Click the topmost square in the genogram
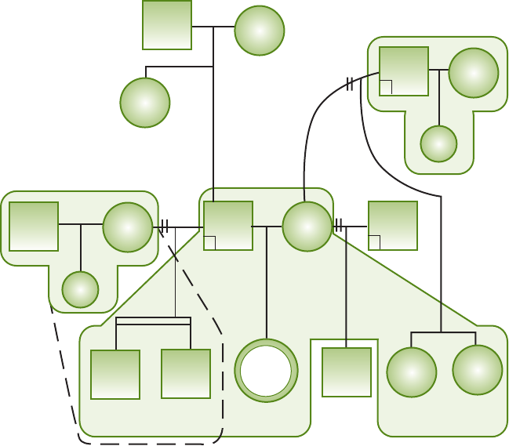[x=167, y=25]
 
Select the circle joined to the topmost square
[x=260, y=31]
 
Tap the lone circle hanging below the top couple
[x=145, y=103]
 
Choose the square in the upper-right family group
[x=404, y=71]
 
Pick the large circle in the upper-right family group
[x=474, y=73]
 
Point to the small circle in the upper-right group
[x=438, y=143]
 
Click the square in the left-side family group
[x=34, y=227]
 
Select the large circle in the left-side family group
[x=128, y=227]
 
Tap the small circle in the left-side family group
[x=80, y=290]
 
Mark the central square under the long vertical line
[x=228, y=226]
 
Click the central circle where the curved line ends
[x=307, y=227]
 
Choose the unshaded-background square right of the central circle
[x=392, y=226]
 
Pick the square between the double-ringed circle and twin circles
[x=347, y=372]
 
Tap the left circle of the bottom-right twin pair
[x=412, y=372]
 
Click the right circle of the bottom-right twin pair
[x=478, y=370]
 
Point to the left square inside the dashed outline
[x=115, y=375]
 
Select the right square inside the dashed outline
[x=186, y=374]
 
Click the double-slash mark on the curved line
[x=350, y=85]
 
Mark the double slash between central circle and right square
[x=339, y=227]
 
